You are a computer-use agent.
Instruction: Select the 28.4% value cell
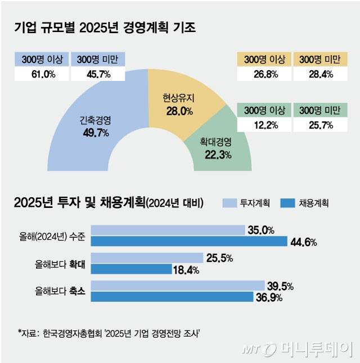point(320,74)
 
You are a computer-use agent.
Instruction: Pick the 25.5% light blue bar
point(146,257)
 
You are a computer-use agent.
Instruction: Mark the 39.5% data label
point(280,286)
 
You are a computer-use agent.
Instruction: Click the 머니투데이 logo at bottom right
point(298,349)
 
